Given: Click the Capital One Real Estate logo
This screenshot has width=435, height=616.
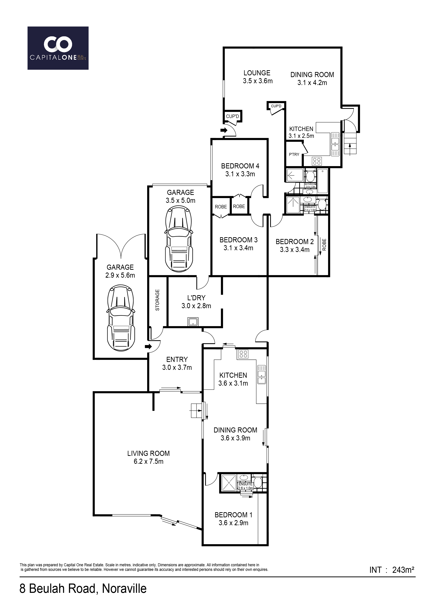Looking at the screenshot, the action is tap(58, 48).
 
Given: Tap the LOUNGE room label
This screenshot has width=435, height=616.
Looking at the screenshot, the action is tap(257, 73).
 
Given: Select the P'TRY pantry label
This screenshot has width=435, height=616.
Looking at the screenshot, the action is tap(294, 155).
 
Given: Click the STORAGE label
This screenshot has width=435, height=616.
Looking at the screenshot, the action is tap(157, 300).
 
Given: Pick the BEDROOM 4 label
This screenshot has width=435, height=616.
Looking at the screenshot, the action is tap(240, 166).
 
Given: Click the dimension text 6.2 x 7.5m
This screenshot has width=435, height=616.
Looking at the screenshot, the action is tap(149, 461).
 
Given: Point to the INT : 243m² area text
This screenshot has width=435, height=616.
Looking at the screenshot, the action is tap(392, 577).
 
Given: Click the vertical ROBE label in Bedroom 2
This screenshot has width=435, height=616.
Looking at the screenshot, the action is tap(324, 245).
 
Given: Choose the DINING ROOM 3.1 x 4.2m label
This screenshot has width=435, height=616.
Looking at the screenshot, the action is tap(312, 79).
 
